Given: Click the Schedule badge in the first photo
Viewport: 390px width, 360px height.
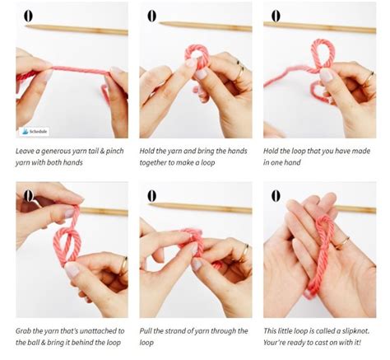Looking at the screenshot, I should [35, 130].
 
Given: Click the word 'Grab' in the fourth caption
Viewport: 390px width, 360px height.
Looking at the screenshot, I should [25, 331].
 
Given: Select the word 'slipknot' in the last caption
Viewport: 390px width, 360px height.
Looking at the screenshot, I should [353, 331].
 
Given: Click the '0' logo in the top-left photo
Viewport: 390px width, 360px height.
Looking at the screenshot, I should [28, 16].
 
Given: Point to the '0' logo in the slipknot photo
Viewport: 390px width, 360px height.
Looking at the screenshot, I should [276, 196].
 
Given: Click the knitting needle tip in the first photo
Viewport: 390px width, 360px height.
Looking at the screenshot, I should [28, 27].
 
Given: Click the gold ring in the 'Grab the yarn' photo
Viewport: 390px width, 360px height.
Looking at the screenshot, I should [123, 265].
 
